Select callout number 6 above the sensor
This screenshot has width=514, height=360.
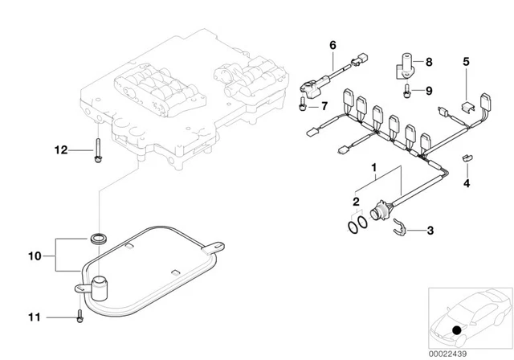(x=332, y=45)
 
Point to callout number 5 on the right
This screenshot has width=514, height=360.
(x=465, y=60)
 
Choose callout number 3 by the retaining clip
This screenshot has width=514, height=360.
(x=430, y=231)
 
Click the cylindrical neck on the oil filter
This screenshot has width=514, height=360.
(x=100, y=287)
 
